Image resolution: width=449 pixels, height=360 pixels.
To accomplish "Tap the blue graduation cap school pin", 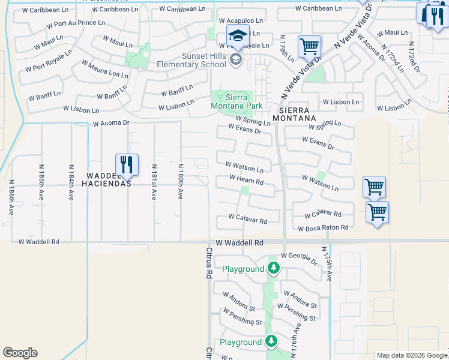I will coord(238,35).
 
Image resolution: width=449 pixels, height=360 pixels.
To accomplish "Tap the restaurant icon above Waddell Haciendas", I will coord(127,164).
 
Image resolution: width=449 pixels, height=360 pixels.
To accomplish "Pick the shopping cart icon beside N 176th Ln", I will coord(309,46).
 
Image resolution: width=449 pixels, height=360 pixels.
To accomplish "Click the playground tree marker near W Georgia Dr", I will coord(274,268).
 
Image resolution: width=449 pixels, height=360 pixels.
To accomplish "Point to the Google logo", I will coord(20,353).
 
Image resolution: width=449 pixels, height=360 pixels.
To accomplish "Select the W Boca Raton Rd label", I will coord(323,228).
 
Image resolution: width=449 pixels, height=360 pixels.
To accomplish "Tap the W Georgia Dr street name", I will coord(298,258).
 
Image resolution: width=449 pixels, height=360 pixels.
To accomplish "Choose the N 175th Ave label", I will coord(327,263).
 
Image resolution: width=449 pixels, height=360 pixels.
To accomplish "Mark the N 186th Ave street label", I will coord(11,197).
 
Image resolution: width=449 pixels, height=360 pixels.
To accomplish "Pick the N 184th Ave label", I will coord(71,182).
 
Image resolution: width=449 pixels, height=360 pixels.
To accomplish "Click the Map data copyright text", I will coord(412,355).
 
